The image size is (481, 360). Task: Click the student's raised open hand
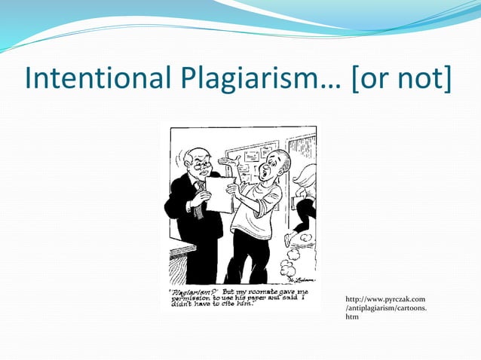(x=228, y=160)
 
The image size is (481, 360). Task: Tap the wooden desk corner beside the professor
(x=178, y=252)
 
